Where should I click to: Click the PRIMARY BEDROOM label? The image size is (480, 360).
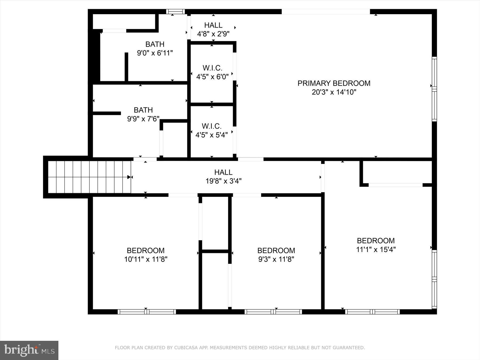click(x=334, y=83)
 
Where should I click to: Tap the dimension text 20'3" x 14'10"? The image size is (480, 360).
click(x=334, y=92)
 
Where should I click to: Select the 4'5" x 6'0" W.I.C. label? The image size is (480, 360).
click(x=212, y=68)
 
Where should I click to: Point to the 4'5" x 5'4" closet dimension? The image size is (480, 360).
click(x=211, y=135)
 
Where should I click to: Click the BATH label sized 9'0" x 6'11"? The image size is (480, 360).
click(x=155, y=44)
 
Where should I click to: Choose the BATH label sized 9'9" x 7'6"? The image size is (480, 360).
click(x=143, y=110)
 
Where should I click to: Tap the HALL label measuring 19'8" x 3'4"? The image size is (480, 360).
click(x=223, y=172)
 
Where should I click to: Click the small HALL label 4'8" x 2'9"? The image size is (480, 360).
click(x=213, y=25)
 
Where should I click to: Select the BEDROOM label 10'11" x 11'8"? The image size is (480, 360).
click(x=146, y=250)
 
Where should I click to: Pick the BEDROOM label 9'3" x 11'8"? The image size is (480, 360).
click(x=276, y=250)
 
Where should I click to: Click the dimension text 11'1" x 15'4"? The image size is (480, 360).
click(x=376, y=250)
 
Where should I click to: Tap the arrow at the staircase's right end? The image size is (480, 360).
click(x=129, y=177)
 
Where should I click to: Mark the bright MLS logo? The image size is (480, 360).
click(x=29, y=350)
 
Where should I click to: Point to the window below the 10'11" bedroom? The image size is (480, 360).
click(x=147, y=312)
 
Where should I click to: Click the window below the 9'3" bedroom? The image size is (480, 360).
click(x=273, y=312)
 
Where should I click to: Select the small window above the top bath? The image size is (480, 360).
click(x=175, y=11)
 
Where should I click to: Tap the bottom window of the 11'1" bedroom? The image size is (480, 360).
click(x=372, y=312)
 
